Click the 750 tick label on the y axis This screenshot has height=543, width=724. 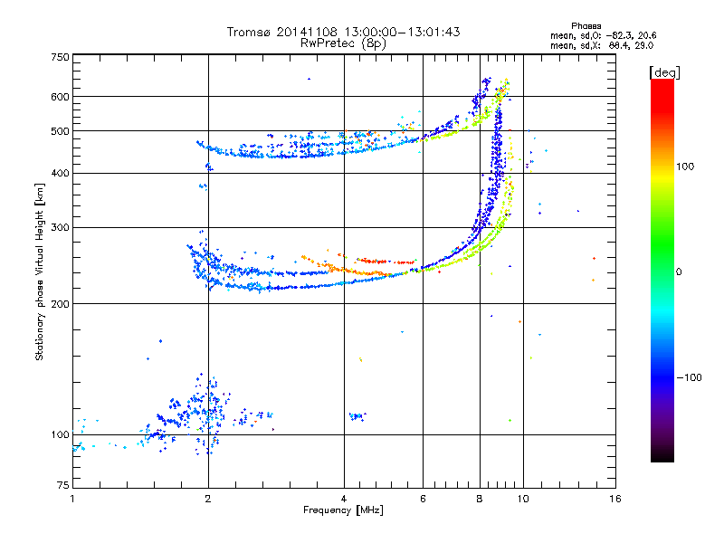pos(60,57)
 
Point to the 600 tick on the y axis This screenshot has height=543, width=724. pos(60,97)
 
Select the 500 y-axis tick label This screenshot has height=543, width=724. pos(60,131)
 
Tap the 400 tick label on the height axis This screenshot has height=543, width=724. pos(60,174)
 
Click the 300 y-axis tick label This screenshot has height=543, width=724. pos(60,227)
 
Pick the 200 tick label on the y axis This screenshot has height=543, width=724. pos(60,303)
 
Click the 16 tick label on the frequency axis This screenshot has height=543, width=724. pos(614,500)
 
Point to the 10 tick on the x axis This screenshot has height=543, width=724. pos(522,500)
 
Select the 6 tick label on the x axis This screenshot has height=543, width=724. pos(423,500)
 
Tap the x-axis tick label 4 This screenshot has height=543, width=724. pos(344,500)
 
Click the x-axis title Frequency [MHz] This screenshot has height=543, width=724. pos(343,510)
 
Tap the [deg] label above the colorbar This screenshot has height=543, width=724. pos(664,71)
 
